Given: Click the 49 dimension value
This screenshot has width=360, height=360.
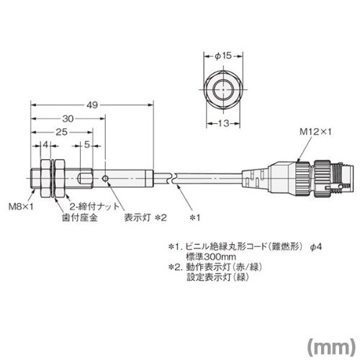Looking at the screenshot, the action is (x=92, y=105).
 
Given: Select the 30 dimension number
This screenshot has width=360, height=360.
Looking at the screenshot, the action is (x=68, y=119).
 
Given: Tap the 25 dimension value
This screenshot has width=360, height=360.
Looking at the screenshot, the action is (x=62, y=132).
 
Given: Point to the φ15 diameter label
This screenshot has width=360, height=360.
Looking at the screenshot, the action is (x=223, y=56).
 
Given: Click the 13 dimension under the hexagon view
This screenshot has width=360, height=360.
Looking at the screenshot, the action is (x=224, y=124).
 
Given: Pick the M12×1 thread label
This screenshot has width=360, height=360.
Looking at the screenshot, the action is (x=315, y=132).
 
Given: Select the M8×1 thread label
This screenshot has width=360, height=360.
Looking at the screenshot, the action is (x=21, y=207).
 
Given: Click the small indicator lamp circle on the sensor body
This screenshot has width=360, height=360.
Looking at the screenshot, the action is (x=105, y=179).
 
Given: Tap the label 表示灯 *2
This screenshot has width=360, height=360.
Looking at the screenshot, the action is (x=145, y=217).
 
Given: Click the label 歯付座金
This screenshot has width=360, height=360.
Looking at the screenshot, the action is (x=80, y=217).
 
